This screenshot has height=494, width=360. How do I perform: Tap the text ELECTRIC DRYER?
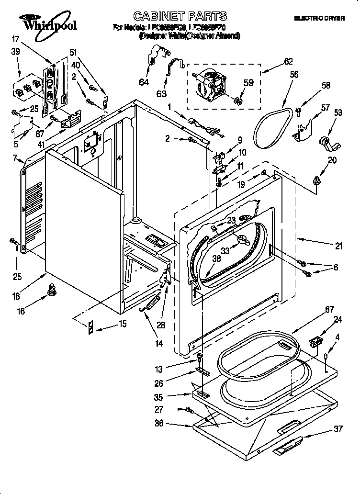tap(319, 18)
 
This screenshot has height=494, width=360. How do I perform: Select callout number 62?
tap(288, 62)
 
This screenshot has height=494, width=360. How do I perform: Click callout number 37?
tap(338, 429)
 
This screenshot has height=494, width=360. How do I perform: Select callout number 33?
tap(225, 250)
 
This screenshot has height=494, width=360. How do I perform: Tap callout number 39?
tap(15, 52)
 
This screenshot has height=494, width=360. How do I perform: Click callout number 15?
tap(123, 324)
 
